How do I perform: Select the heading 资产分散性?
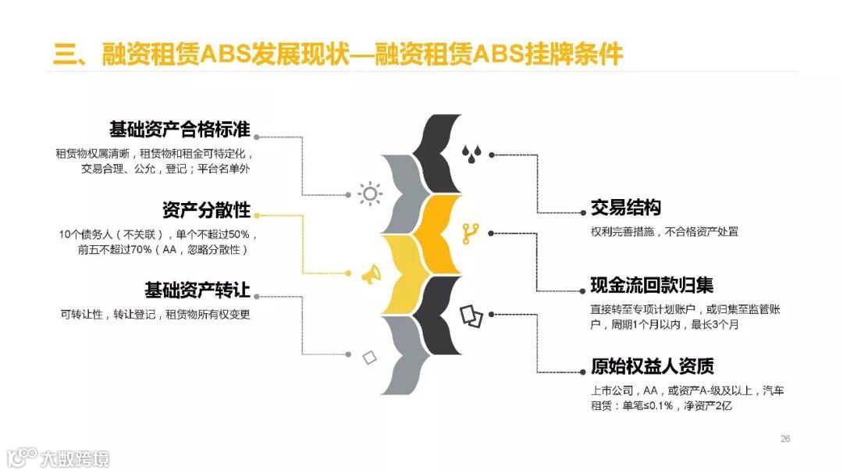click(x=206, y=211)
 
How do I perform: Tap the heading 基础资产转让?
click(x=197, y=291)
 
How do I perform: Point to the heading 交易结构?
click(x=625, y=208)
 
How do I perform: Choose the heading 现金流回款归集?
click(x=652, y=286)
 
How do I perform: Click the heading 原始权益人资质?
click(x=652, y=366)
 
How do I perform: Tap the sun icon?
click(x=369, y=194)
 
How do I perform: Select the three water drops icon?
click(x=470, y=154)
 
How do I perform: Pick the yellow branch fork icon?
click(x=470, y=232)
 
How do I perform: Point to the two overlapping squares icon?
click(x=470, y=314)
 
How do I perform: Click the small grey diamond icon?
click(x=369, y=358)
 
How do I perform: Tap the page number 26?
click(x=785, y=438)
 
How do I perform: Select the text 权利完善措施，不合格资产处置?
click(x=664, y=232)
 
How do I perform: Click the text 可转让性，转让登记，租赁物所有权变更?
click(x=155, y=315)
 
